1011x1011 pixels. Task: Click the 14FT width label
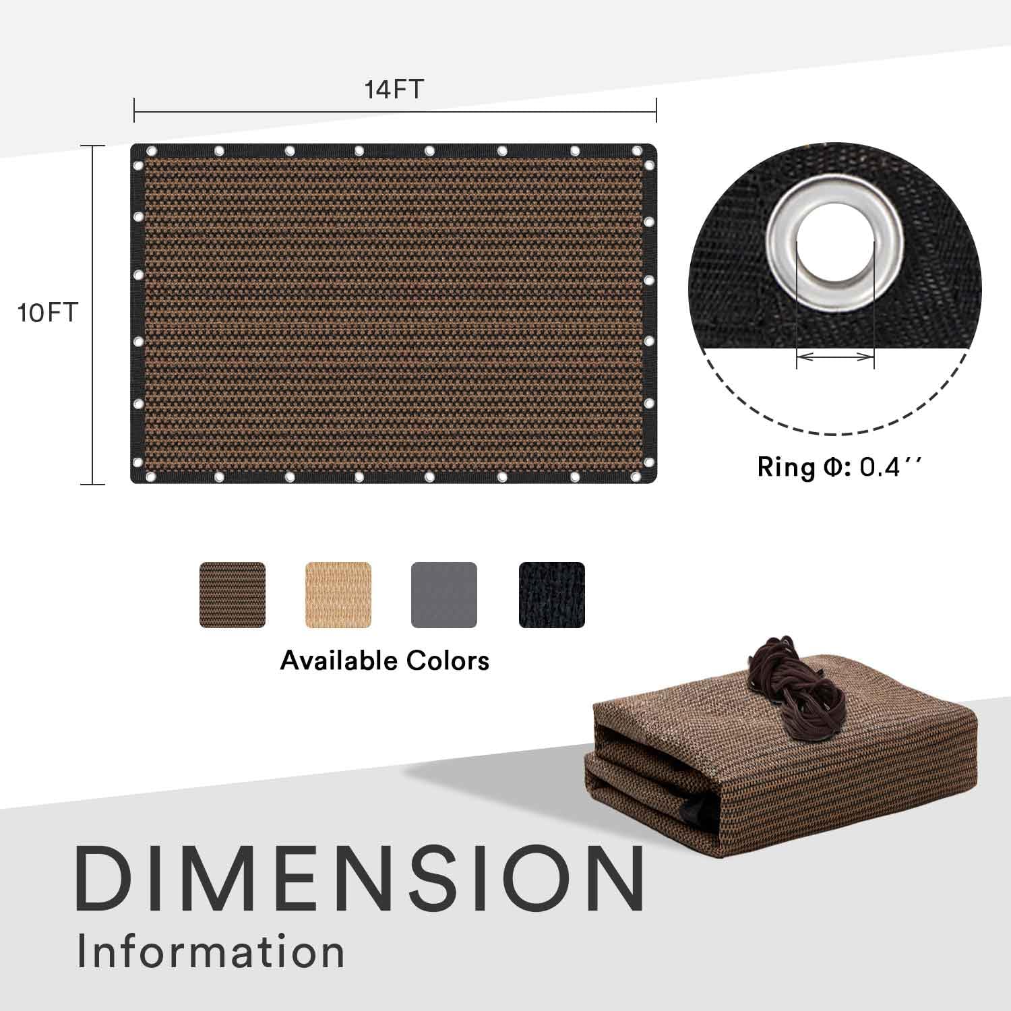[x=394, y=89]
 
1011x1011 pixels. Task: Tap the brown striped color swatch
[x=233, y=595]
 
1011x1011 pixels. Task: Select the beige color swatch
[x=338, y=595]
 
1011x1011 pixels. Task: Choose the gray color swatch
[x=444, y=595]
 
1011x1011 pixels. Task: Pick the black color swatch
[x=552, y=595]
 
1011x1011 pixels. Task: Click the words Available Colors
[x=385, y=661]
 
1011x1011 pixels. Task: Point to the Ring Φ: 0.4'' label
[x=838, y=467]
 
